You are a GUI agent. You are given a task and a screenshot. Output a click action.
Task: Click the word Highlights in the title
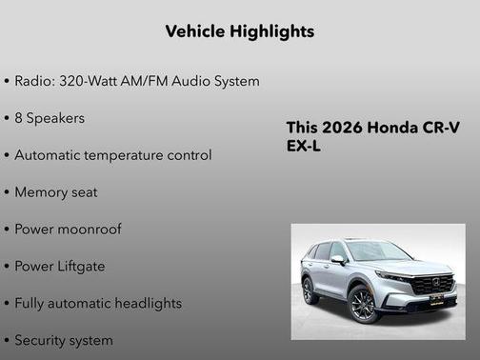point(272,31)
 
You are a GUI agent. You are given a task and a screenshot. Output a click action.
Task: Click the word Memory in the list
point(42,192)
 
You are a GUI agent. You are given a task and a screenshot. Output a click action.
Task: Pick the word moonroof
point(89,230)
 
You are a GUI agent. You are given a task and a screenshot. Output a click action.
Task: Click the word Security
point(42,340)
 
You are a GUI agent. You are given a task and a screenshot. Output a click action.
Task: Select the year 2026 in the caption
point(342,129)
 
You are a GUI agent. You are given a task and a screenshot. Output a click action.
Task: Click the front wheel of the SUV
point(363,305)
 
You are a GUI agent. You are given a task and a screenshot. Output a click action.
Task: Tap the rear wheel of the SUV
point(310,290)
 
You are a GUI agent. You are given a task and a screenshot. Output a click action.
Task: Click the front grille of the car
point(434,285)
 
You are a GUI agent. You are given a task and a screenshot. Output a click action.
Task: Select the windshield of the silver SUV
point(376,251)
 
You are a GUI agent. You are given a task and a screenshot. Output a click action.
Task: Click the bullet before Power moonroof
point(7,230)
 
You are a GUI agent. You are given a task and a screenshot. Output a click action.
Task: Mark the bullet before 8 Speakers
point(7,118)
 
